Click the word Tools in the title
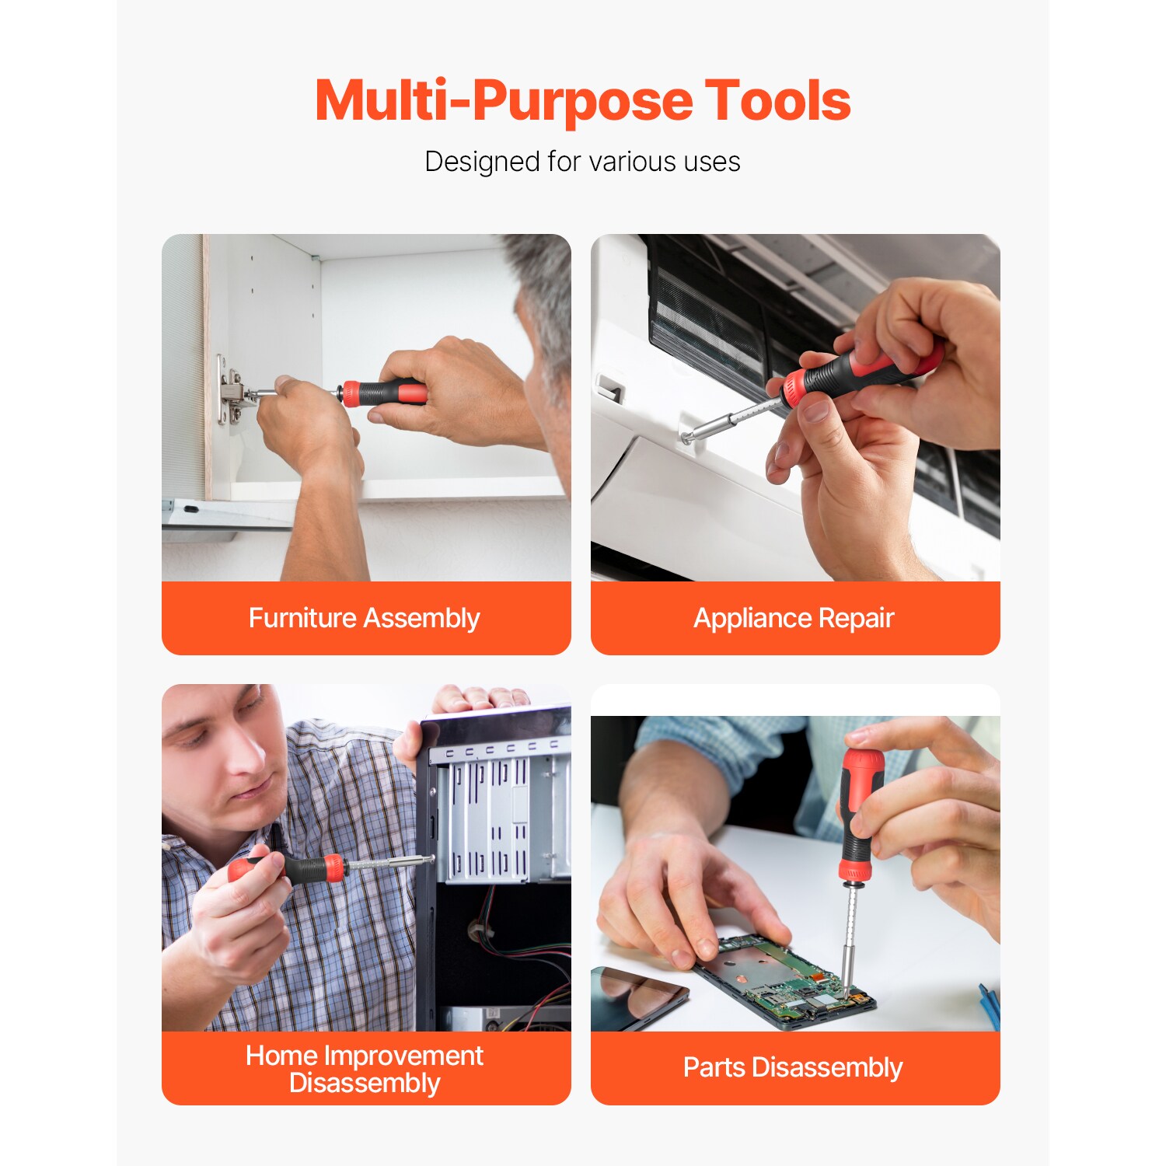pyautogui.click(x=777, y=101)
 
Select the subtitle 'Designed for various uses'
pyautogui.click(x=582, y=162)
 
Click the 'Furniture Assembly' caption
pyautogui.click(x=364, y=618)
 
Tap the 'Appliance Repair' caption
pyautogui.click(x=794, y=618)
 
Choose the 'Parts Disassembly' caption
pyautogui.click(x=792, y=1067)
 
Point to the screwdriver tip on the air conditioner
pyautogui.click(x=688, y=438)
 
